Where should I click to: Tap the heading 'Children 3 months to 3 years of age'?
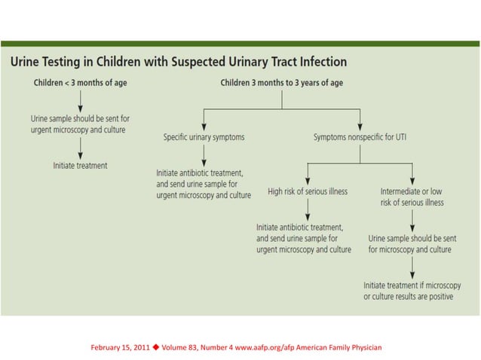(x=281, y=82)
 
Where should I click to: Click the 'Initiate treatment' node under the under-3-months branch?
(x=80, y=165)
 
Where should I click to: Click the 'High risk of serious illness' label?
(x=308, y=191)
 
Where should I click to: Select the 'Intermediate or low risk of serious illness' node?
(x=412, y=197)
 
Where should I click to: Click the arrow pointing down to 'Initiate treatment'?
(x=80, y=149)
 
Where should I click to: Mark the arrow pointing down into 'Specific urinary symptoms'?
(x=202, y=120)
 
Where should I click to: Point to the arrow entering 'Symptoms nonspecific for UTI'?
(x=360, y=120)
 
